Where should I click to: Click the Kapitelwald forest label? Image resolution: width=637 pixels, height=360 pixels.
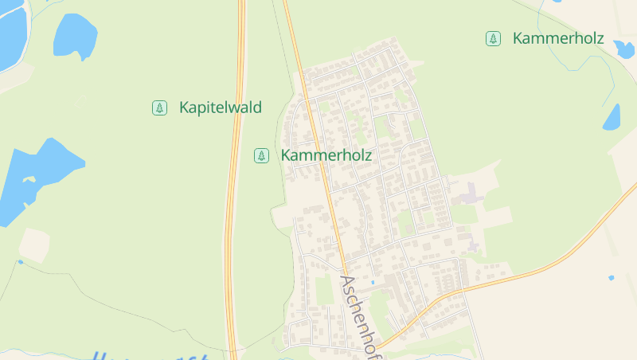tap(221, 108)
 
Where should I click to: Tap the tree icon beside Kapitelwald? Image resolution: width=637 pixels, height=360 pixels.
tap(159, 108)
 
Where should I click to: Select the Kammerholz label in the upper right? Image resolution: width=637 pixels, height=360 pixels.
tap(558, 38)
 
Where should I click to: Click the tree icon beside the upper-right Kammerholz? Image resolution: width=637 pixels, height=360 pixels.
tap(494, 38)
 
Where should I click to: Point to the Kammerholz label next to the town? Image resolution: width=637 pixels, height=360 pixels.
tap(326, 155)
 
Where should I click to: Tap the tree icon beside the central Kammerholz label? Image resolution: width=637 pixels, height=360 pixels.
tap(261, 155)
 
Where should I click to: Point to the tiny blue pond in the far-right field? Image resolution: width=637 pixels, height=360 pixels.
tap(611, 277)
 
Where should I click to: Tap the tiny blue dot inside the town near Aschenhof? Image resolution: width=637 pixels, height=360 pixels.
tap(372, 282)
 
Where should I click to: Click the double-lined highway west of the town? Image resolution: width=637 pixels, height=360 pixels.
tap(233, 199)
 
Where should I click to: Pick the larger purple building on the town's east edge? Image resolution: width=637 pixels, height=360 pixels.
tap(471, 194)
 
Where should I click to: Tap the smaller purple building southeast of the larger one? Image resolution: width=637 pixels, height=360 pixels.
tap(475, 246)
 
